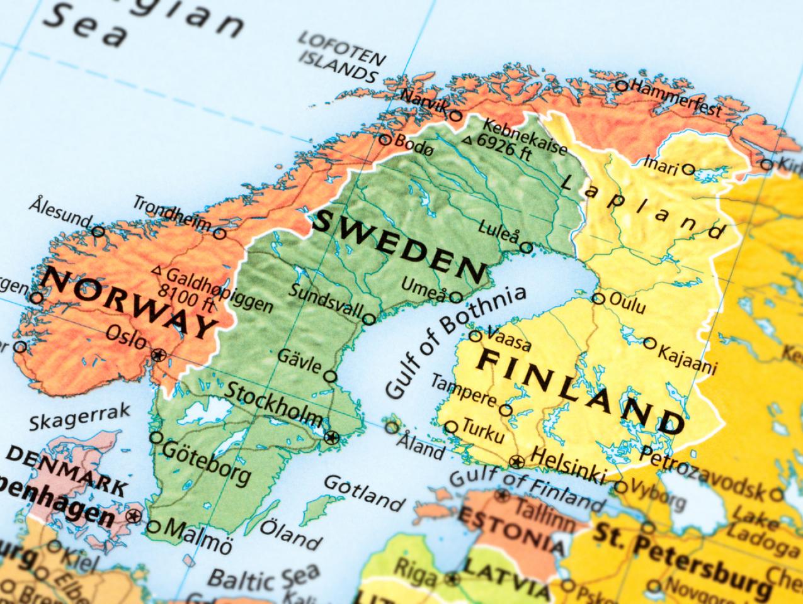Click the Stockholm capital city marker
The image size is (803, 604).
point(332,437)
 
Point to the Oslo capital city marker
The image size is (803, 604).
point(159,355)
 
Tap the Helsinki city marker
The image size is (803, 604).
point(517,462)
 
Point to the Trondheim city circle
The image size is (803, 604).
point(219,233)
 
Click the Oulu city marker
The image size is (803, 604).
point(599,299)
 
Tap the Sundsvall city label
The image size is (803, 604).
point(326,300)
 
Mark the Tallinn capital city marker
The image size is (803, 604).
point(502,496)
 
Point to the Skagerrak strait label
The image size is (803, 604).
point(80,417)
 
